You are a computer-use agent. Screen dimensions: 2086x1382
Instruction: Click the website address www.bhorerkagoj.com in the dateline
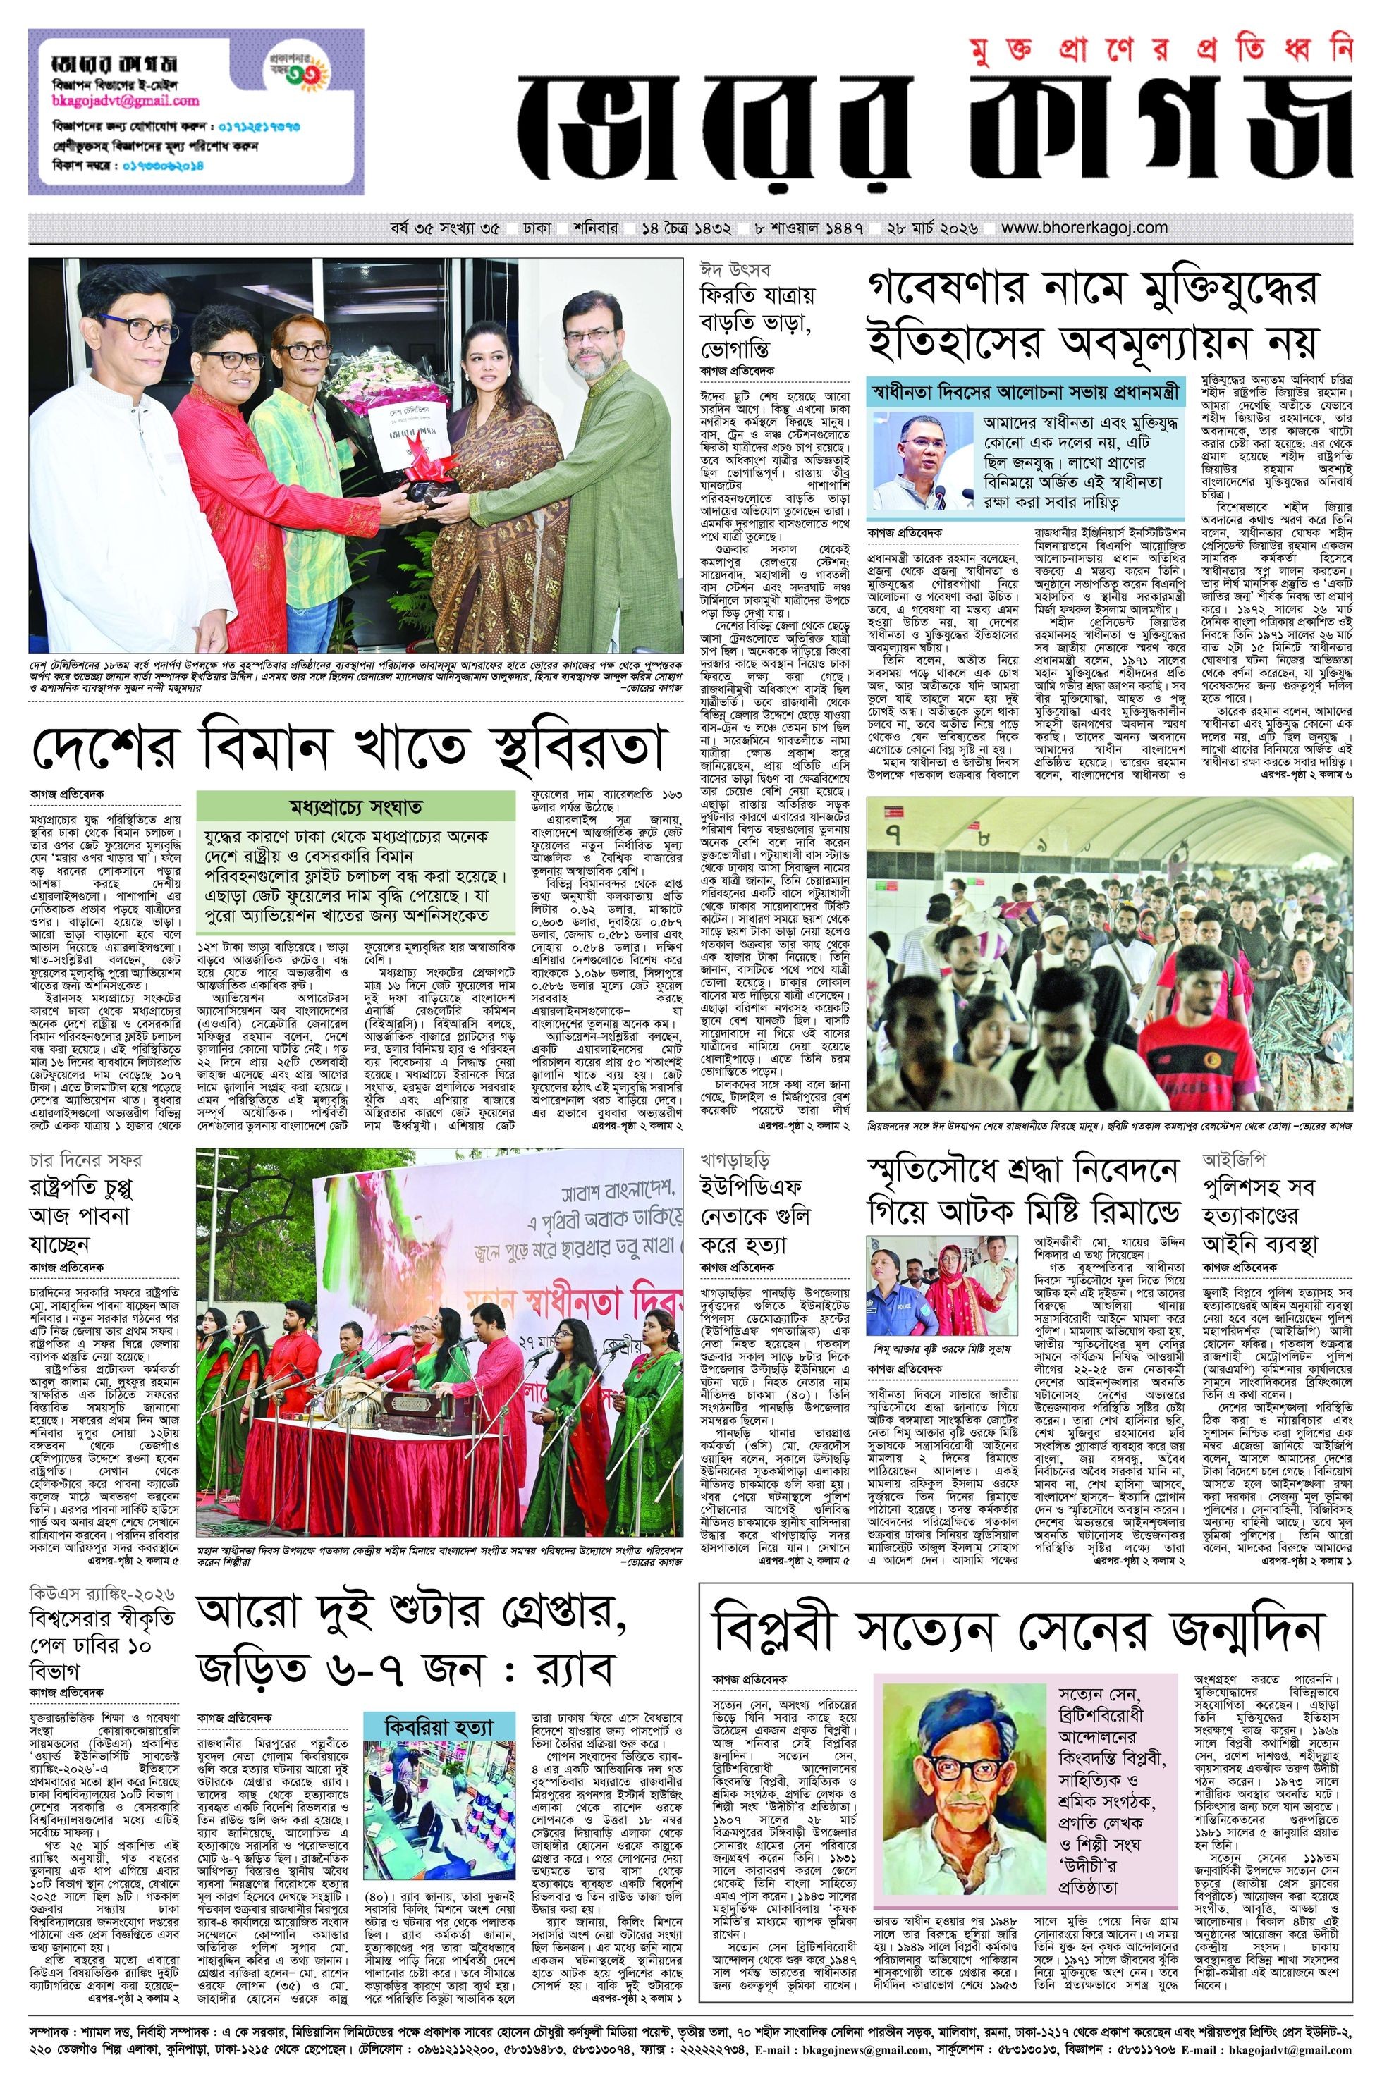(1084, 228)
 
